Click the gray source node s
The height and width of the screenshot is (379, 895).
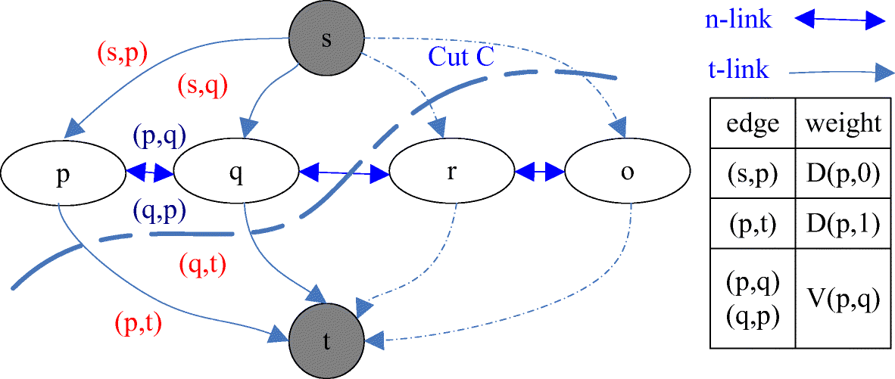[326, 39]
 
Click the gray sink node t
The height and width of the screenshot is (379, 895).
[326, 340]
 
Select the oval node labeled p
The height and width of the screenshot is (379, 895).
[62, 172]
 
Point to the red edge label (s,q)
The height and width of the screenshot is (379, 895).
[202, 86]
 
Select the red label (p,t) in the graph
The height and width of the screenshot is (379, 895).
[138, 323]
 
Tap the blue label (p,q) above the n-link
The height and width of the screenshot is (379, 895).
[159, 137]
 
